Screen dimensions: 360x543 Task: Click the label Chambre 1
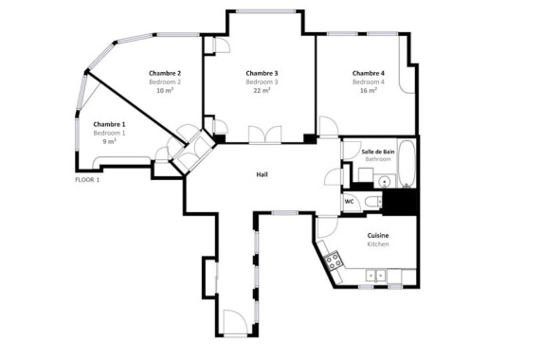(109, 124)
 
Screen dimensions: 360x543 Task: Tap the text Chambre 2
(165, 73)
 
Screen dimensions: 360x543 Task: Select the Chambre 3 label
(262, 73)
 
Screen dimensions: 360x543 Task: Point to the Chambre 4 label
(369, 73)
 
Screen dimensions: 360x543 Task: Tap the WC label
(349, 201)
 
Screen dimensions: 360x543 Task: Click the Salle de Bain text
(378, 152)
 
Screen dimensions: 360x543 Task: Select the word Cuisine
(378, 234)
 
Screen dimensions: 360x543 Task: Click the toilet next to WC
(372, 201)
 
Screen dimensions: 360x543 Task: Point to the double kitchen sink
(375, 275)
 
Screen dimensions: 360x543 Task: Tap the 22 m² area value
(262, 91)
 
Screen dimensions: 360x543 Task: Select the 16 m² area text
(369, 91)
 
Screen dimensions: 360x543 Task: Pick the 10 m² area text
(165, 91)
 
